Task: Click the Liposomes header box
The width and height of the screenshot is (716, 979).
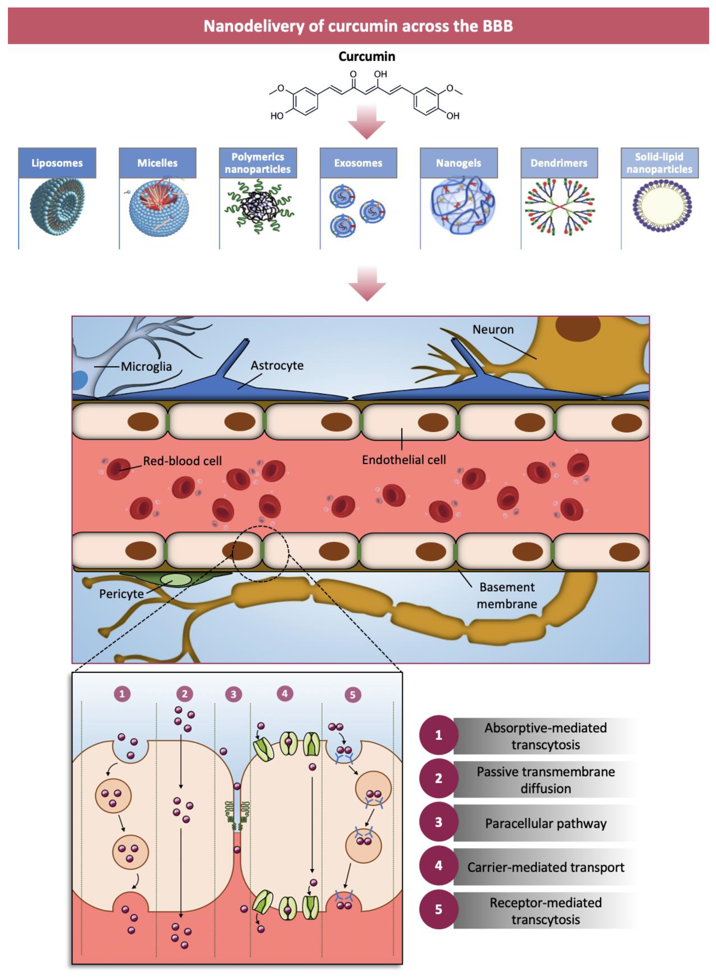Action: tap(57, 163)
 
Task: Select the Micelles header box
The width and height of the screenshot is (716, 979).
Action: tap(157, 163)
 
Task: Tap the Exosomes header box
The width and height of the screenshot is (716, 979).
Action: tap(358, 163)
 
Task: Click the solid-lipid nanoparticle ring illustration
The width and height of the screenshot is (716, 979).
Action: tap(662, 206)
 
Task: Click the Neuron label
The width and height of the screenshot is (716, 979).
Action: tap(493, 329)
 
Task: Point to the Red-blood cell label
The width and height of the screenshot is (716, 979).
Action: tap(183, 461)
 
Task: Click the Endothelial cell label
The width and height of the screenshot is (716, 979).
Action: tap(404, 460)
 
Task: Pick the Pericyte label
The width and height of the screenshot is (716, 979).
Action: tap(121, 593)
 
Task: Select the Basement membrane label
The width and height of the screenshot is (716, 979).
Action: tap(507, 596)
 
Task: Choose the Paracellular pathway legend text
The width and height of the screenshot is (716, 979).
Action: tap(545, 823)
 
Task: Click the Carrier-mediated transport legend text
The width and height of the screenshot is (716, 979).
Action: tap(545, 867)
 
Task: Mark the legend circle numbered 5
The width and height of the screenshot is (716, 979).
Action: tap(438, 909)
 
